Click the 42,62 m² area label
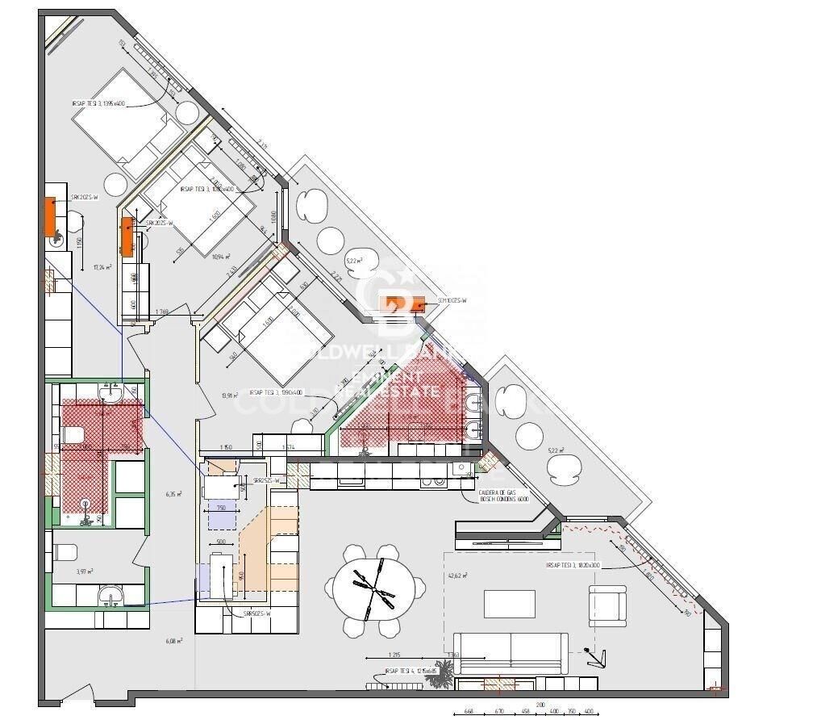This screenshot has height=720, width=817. [x=457, y=576]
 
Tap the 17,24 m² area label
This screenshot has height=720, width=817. [x=102, y=267]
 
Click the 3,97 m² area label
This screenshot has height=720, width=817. [x=85, y=571]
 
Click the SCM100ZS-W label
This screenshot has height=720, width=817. [x=452, y=301]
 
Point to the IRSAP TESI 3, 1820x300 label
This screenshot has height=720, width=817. [x=573, y=566]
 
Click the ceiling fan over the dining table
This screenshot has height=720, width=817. [x=373, y=585]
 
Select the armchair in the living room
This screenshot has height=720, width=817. [x=606, y=604]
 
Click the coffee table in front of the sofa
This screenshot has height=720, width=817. [x=509, y=603]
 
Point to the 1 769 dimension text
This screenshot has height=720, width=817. [x=162, y=312]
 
